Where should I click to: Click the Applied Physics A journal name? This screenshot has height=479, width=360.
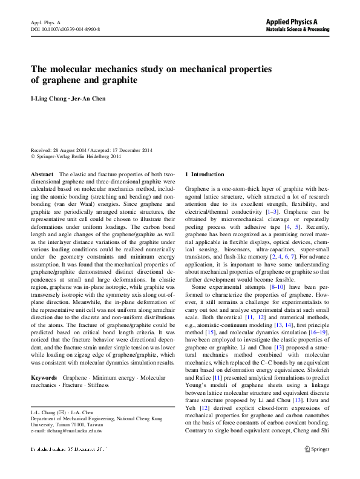298,21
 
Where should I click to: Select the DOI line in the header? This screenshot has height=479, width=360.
65,28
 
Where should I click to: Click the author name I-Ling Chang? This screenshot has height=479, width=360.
47,99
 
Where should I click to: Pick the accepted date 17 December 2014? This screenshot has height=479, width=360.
131,150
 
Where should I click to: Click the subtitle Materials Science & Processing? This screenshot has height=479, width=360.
298,28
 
